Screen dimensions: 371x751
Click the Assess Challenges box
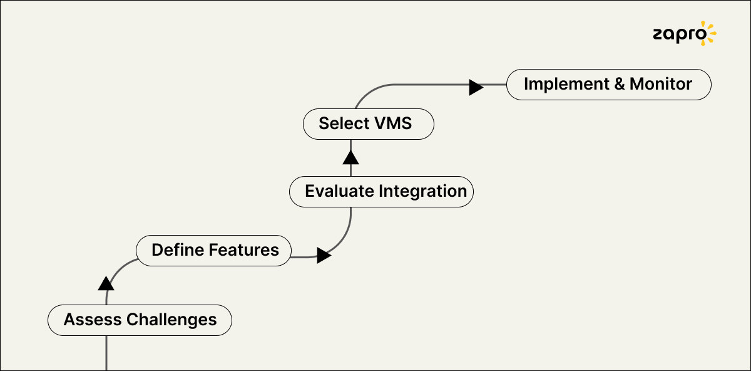pyautogui.click(x=140, y=320)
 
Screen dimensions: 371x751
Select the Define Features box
pyautogui.click(x=214, y=251)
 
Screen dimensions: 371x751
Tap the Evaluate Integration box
pyautogui.click(x=381, y=191)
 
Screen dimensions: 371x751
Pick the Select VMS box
pyautogui.click(x=368, y=123)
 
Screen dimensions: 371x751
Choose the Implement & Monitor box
pyautogui.click(x=608, y=85)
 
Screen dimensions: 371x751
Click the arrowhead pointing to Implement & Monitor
pyautogui.click(x=476, y=87)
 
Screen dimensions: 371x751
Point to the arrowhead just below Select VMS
pyautogui.click(x=350, y=157)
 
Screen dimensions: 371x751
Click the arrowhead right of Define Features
pyautogui.click(x=323, y=255)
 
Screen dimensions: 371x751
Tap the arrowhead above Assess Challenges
pyautogui.click(x=106, y=283)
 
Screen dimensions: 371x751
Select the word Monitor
pyautogui.click(x=661, y=84)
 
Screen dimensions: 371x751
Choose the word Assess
pyautogui.click(x=93, y=320)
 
